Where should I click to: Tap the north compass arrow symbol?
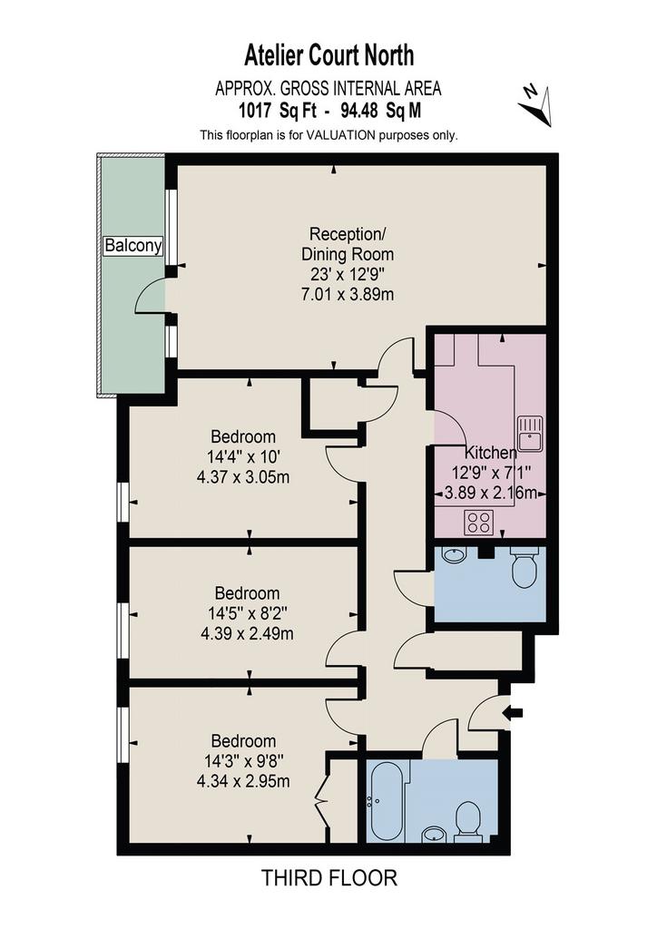tap(535, 105)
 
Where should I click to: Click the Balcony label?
tap(132, 245)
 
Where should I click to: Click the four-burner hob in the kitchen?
tap(478, 522)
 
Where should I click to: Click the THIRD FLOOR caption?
tap(328, 877)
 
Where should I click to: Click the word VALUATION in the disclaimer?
tap(340, 135)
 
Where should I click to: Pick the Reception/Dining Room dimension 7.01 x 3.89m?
tap(348, 294)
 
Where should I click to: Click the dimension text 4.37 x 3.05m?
tap(243, 476)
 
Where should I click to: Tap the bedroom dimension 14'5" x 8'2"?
tap(247, 613)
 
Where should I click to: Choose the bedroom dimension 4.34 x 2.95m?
tap(243, 781)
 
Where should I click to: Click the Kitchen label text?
tap(490, 453)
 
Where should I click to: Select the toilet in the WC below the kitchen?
tap(524, 567)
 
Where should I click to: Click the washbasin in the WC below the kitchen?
tap(454, 555)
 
